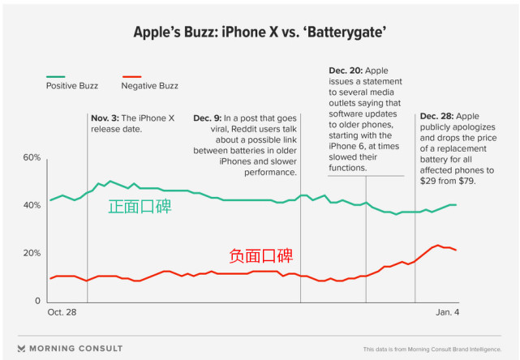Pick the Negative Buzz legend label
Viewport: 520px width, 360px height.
(150, 85)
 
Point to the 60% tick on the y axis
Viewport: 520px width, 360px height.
(32, 157)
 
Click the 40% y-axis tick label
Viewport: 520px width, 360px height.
(32, 205)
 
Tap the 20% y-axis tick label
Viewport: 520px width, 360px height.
(32, 254)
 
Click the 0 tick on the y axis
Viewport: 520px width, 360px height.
(37, 302)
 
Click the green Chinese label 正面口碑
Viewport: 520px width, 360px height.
(140, 208)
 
